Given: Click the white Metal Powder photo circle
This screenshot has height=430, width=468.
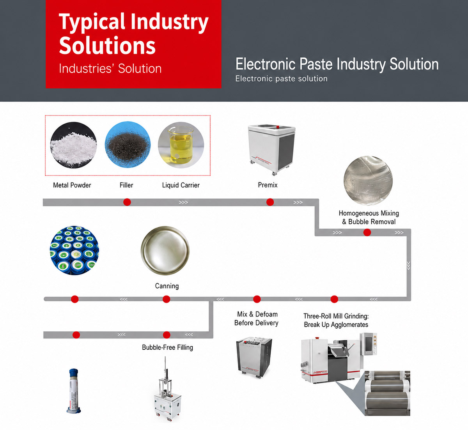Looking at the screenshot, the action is click(x=73, y=145).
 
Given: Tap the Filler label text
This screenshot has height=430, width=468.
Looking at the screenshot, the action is click(x=126, y=185).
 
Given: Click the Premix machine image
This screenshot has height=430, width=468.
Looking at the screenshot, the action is click(x=272, y=150).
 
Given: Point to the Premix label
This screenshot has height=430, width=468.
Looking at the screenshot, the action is click(x=268, y=185).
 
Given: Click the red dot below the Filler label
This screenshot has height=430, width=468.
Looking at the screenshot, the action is click(x=127, y=202).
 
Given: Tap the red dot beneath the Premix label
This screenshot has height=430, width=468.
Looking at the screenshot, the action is click(x=270, y=202).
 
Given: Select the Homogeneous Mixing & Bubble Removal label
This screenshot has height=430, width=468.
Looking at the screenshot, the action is click(x=369, y=217).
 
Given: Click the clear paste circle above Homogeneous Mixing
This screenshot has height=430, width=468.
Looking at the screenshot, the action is click(x=368, y=180).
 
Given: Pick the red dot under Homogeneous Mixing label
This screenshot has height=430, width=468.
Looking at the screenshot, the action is click(x=367, y=232).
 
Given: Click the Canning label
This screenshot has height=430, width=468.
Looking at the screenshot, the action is click(x=167, y=286).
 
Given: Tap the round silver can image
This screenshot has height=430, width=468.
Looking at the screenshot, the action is click(x=165, y=251).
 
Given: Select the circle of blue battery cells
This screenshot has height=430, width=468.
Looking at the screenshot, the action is click(x=74, y=250).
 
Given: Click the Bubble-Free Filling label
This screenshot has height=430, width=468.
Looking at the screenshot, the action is click(x=168, y=347).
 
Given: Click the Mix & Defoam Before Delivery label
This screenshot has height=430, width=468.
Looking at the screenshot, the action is click(x=256, y=319).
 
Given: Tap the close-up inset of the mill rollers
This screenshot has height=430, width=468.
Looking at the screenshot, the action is click(x=387, y=393).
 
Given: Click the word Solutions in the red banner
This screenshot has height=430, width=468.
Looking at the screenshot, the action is click(x=107, y=45).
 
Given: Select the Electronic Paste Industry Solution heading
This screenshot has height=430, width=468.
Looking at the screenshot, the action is click(x=337, y=64).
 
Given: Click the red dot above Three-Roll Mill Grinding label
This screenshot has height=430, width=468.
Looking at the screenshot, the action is click(x=334, y=299).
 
